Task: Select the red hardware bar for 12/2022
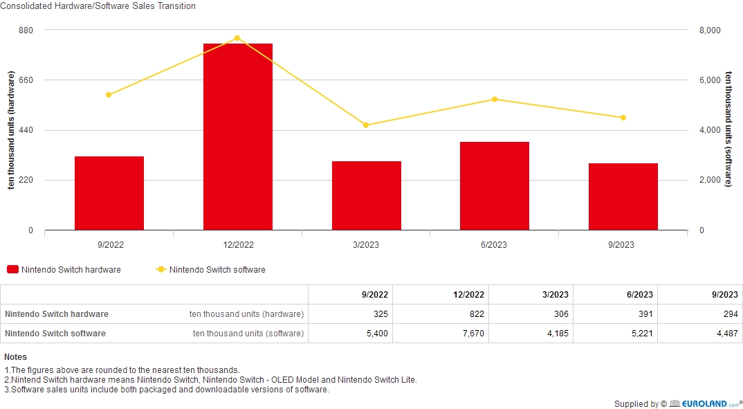[x=237, y=136]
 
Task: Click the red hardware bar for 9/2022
[x=109, y=193]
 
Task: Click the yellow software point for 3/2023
[x=366, y=125]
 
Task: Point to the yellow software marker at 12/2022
[x=237, y=38]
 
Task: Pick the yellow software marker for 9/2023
[x=623, y=118]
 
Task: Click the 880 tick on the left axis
[x=26, y=30]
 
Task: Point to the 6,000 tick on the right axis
[x=710, y=80]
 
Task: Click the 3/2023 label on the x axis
[x=365, y=245]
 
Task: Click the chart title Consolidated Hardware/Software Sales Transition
[x=98, y=6]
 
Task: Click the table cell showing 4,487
[x=719, y=334]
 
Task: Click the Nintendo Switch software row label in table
[x=55, y=334]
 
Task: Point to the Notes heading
[x=15, y=357]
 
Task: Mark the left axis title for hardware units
[x=11, y=131]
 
